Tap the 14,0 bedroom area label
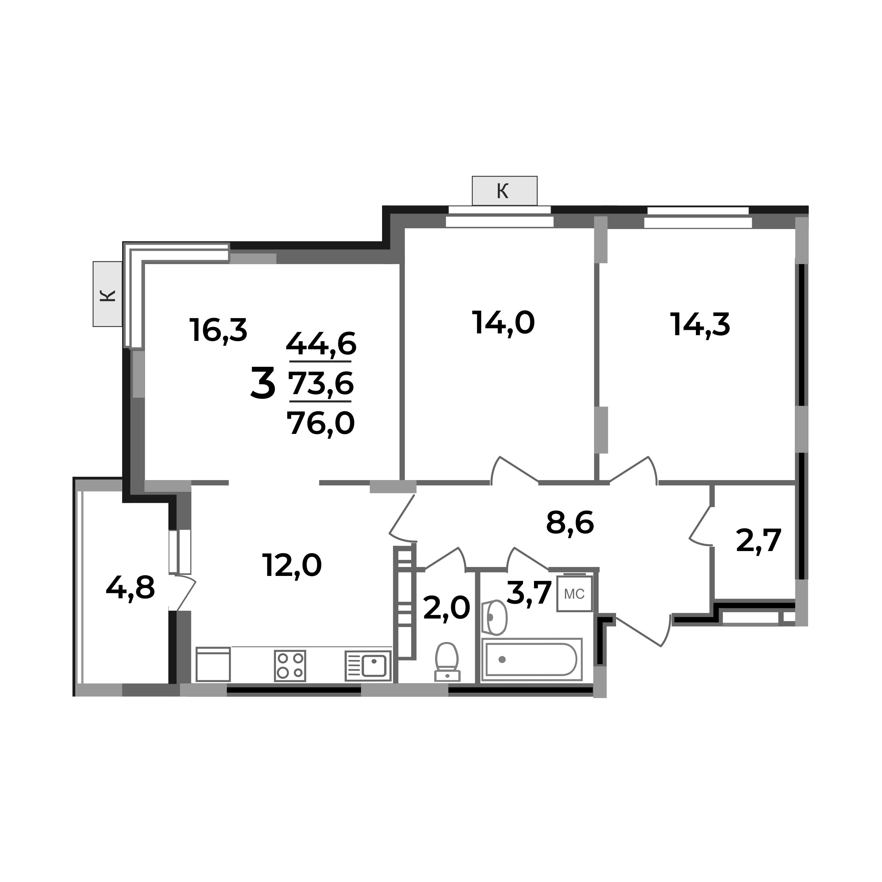[503, 323]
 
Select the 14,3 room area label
[700, 325]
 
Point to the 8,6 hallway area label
[570, 523]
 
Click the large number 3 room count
[263, 383]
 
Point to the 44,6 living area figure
[321, 344]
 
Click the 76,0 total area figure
[321, 423]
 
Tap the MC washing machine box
[574, 594]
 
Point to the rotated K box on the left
[108, 294]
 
